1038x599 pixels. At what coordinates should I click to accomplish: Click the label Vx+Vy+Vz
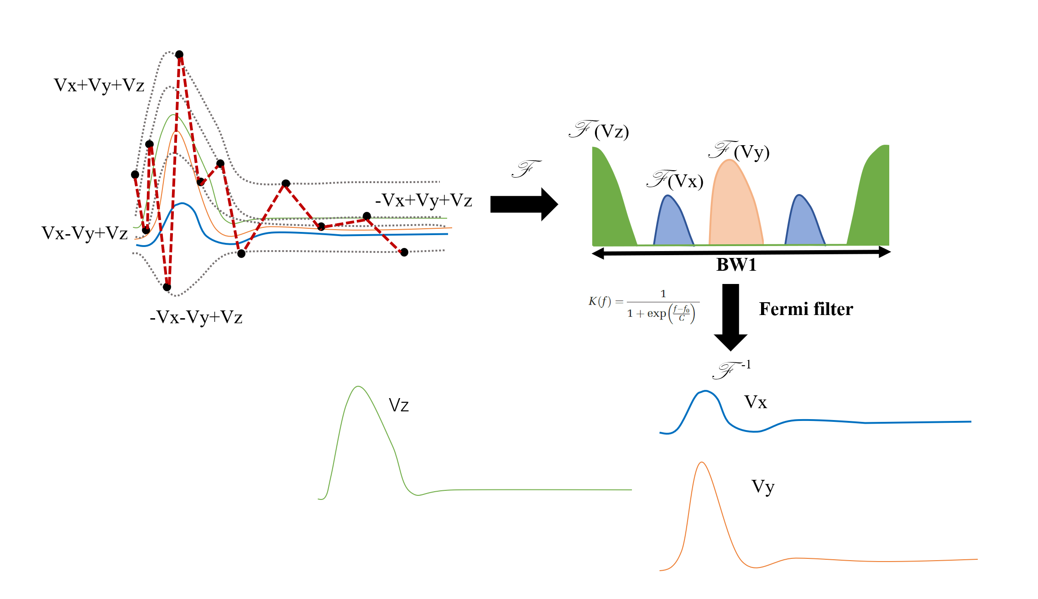(99, 85)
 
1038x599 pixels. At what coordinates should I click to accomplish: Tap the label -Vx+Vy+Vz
(423, 200)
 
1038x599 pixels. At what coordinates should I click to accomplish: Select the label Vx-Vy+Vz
(84, 233)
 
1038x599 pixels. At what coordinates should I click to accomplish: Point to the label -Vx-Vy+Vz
(196, 317)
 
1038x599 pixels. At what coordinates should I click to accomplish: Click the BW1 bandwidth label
(736, 265)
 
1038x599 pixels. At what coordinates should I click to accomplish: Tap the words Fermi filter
(806, 309)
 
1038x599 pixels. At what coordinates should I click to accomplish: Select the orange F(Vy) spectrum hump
(735, 205)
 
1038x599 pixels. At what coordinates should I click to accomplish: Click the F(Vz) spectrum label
(599, 131)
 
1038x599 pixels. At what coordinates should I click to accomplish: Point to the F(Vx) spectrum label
(675, 180)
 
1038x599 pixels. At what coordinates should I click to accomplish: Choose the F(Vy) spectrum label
(739, 151)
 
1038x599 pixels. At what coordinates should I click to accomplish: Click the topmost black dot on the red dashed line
(179, 54)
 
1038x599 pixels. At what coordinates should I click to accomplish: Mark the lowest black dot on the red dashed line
(167, 287)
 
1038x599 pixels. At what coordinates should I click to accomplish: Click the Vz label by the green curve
(399, 405)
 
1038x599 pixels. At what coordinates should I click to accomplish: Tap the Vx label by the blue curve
(756, 402)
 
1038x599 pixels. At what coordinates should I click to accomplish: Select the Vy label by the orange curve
(763, 487)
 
